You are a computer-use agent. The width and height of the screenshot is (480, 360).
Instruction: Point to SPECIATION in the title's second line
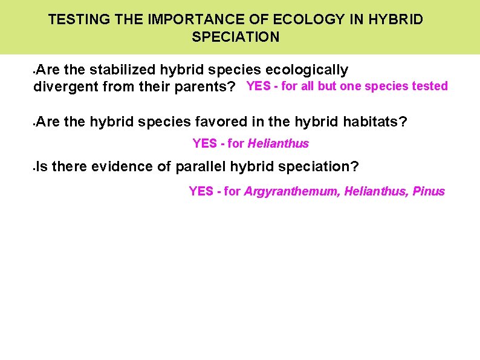click(236, 37)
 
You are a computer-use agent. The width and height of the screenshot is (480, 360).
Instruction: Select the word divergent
click(66, 87)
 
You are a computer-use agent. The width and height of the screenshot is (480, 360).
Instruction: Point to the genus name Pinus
click(429, 192)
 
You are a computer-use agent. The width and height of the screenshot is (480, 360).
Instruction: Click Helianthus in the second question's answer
click(278, 144)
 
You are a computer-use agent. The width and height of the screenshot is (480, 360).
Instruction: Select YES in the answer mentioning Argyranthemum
click(201, 192)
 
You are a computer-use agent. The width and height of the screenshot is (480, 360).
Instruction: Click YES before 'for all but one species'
click(258, 86)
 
